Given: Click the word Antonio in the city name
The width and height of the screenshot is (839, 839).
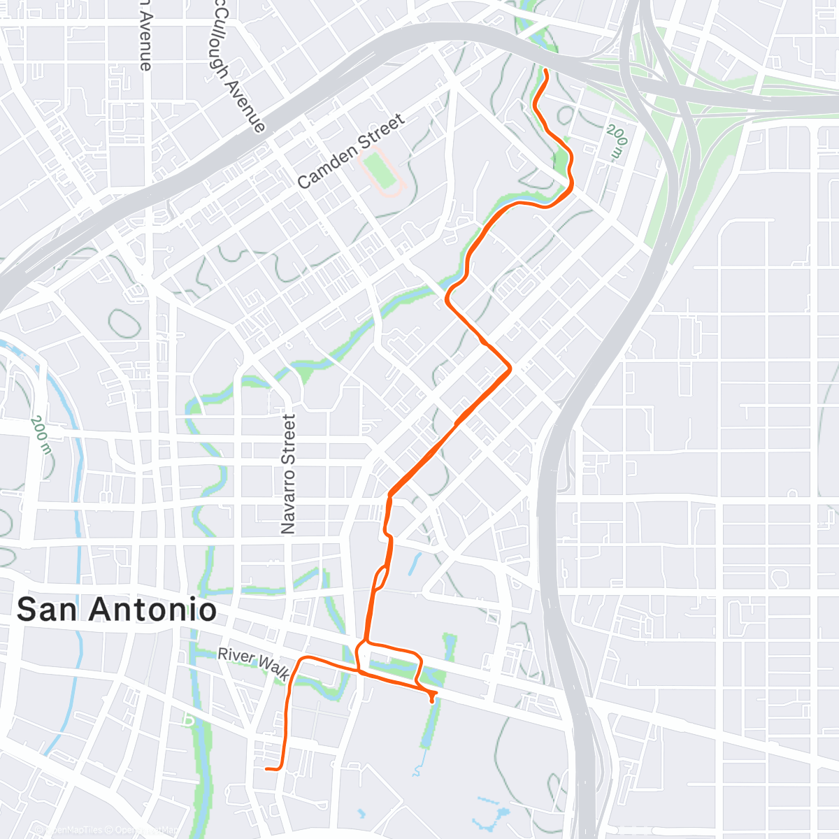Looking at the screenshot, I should point(155,610).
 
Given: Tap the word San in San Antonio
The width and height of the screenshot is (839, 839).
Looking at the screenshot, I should point(45,610).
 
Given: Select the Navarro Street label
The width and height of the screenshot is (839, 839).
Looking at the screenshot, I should point(288,474).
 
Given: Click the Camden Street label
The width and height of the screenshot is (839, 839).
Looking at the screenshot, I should point(351,151).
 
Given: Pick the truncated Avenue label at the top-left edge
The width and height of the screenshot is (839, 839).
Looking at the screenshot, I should point(145,35).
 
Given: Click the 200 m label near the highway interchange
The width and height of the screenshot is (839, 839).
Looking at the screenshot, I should point(617,141).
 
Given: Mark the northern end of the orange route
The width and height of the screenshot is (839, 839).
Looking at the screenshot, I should point(545,71).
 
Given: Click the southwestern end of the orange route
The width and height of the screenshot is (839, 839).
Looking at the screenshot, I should point(267,769).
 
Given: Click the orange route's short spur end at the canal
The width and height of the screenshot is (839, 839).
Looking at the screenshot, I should point(433,700).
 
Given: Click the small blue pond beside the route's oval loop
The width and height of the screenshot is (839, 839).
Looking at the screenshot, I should point(415,563).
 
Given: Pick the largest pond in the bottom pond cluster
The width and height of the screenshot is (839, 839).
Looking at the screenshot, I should point(501,815).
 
